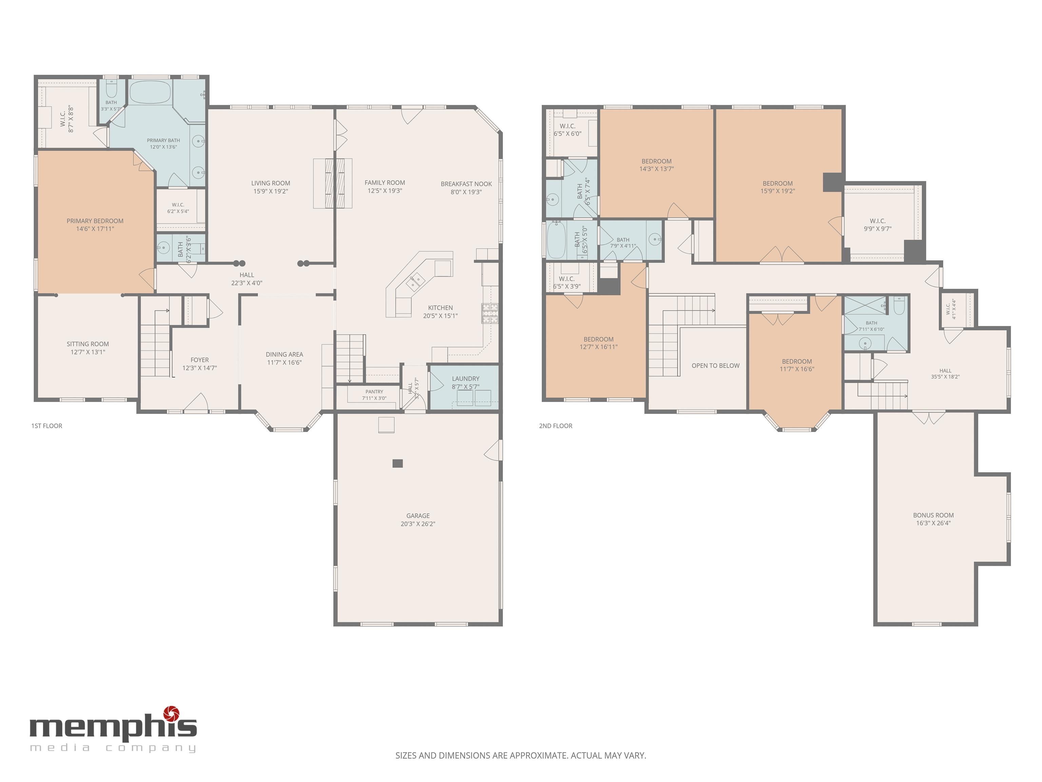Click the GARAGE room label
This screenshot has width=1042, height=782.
tap(418, 516)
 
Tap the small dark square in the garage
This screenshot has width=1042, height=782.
tap(398, 463)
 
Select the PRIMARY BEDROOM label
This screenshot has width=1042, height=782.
tap(95, 221)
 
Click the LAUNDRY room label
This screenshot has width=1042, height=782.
tap(465, 378)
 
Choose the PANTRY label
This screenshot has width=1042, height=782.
tap(374, 392)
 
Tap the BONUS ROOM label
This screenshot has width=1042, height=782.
tap(933, 515)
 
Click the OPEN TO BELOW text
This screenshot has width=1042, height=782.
tap(716, 365)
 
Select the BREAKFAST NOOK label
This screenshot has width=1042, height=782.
tap(466, 184)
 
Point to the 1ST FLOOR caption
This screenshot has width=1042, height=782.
tap(46, 426)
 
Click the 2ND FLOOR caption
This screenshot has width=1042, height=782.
tap(556, 426)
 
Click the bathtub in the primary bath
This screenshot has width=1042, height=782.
tap(150, 92)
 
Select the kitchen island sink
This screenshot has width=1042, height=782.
tap(416, 282)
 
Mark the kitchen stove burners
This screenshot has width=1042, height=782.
tap(490, 313)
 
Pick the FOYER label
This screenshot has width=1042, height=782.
tap(200, 360)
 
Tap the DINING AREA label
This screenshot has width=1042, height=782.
tap(285, 354)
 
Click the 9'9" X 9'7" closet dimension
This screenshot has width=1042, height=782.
tap(877, 229)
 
